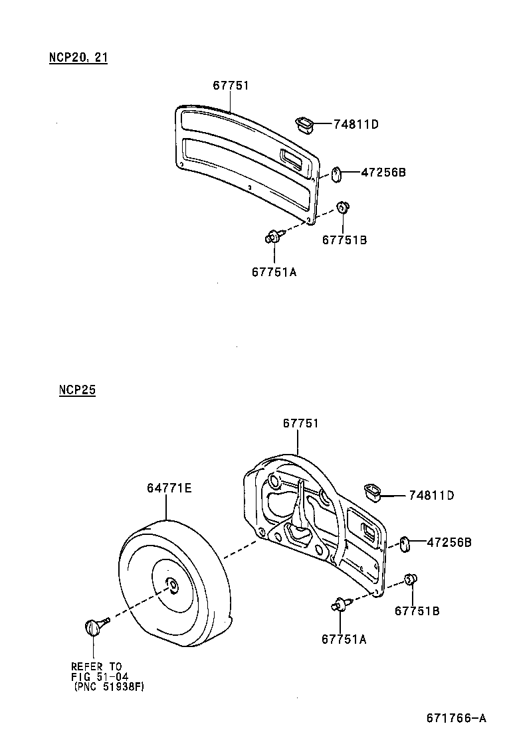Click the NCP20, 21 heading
[78, 57]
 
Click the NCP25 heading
[77, 390]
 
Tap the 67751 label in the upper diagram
[231, 85]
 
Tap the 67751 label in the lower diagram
[301, 423]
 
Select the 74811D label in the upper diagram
[355, 124]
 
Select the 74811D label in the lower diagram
[431, 495]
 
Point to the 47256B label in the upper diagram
[383, 173]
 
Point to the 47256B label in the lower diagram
[449, 542]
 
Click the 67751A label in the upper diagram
[274, 270]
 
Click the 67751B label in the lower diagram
[417, 611]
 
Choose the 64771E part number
[169, 488]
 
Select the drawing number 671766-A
[456, 718]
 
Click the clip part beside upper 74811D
[304, 123]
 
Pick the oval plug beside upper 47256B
[336, 174]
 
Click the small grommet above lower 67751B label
[411, 580]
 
